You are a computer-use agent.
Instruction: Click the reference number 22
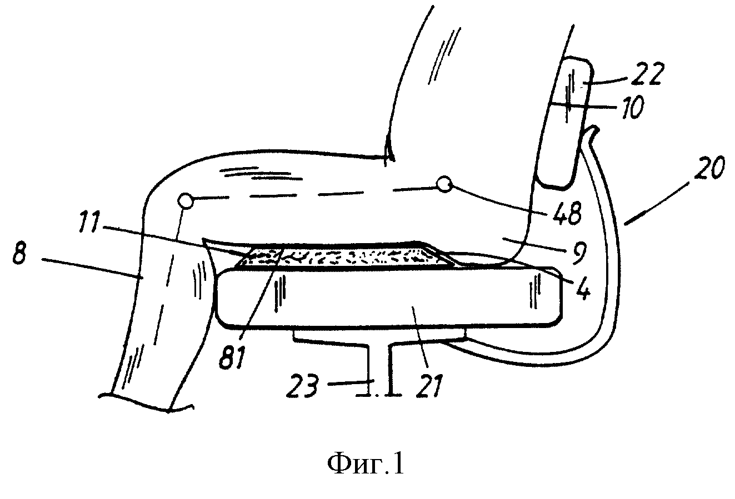click(645, 73)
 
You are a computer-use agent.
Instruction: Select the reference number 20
click(709, 168)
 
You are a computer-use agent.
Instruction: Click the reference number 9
click(578, 253)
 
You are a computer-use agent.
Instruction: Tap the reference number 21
click(429, 386)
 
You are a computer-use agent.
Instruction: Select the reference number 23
click(302, 386)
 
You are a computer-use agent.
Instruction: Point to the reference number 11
click(89, 223)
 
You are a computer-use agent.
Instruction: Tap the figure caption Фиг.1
click(365, 464)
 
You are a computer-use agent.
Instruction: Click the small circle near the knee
click(186, 201)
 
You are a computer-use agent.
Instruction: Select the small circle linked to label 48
click(444, 184)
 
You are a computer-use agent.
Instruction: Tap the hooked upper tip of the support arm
click(593, 130)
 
